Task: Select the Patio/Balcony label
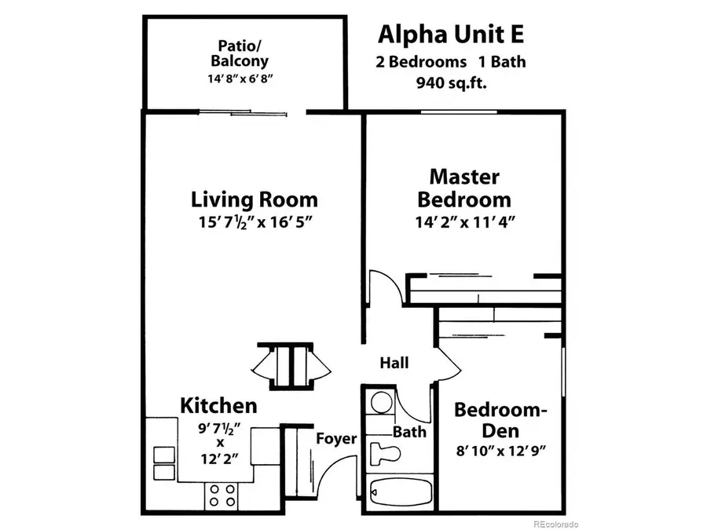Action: pyautogui.click(x=243, y=53)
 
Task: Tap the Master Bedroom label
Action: pyautogui.click(x=464, y=188)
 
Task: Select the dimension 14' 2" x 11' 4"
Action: pyautogui.click(x=464, y=223)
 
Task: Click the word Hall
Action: pyautogui.click(x=394, y=363)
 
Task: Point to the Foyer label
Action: pyautogui.click(x=336, y=439)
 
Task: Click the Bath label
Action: pyautogui.click(x=409, y=431)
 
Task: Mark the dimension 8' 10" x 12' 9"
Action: pyautogui.click(x=500, y=451)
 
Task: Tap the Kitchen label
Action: pyautogui.click(x=219, y=405)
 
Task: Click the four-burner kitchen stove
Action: pyautogui.click(x=221, y=496)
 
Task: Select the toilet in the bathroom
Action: pyautogui.click(x=386, y=453)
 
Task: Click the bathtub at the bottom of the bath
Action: pyautogui.click(x=398, y=492)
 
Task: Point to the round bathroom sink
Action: pyautogui.click(x=381, y=403)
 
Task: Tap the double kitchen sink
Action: pyautogui.click(x=163, y=463)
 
